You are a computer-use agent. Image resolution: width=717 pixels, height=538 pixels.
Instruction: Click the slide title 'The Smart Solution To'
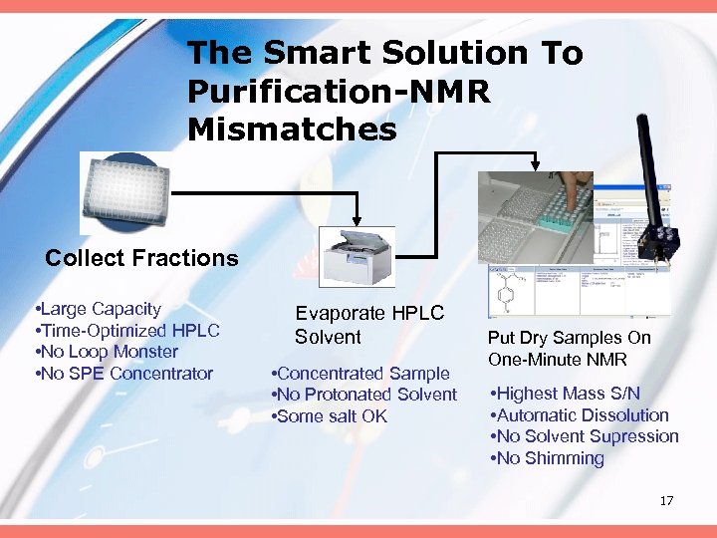point(384,53)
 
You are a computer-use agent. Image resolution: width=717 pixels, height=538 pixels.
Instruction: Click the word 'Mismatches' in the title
point(292,130)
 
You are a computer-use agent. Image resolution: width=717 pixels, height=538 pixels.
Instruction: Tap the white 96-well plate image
point(125,193)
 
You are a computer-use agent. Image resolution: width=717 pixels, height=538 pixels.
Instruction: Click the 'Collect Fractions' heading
point(141,258)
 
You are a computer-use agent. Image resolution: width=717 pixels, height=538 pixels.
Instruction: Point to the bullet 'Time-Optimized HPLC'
point(126,331)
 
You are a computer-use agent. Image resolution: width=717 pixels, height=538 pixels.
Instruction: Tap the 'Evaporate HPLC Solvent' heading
point(368,325)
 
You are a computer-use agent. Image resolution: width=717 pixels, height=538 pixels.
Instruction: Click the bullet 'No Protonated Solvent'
point(364,395)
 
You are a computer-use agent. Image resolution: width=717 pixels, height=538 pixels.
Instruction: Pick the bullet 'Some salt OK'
point(330,416)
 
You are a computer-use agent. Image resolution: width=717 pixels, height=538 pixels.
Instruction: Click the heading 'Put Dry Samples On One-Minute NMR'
point(569,349)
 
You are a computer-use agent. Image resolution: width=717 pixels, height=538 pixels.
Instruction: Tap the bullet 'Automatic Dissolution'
point(579,415)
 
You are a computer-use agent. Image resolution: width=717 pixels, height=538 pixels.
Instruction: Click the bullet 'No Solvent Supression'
point(584,436)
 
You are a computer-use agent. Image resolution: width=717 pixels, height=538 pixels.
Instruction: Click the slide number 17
point(666,500)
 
